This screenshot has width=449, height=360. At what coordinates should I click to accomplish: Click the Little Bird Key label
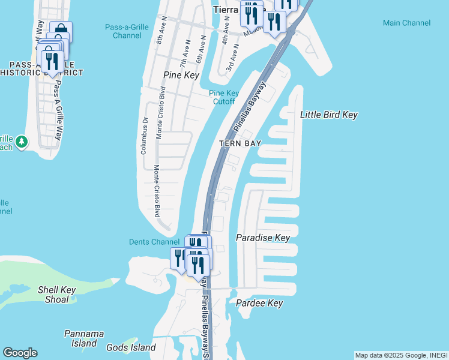click(328, 115)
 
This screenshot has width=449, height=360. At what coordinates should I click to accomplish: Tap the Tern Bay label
click(240, 143)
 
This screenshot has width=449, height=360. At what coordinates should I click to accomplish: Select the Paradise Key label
click(263, 238)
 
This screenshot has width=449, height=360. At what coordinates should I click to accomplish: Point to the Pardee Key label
click(259, 303)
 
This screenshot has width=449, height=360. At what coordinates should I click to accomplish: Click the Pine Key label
click(181, 75)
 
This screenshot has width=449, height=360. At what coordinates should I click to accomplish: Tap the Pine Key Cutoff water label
click(224, 97)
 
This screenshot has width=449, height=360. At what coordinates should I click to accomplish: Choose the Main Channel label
click(406, 23)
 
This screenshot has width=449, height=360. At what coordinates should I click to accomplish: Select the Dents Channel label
click(154, 242)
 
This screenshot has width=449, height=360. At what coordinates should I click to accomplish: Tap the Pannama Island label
click(84, 338)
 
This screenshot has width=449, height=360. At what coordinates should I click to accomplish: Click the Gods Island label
click(131, 347)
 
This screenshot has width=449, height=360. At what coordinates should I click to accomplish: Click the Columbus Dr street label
click(144, 136)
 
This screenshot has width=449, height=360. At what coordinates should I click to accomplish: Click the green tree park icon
click(22, 142)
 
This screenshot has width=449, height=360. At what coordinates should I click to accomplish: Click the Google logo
click(20, 353)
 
